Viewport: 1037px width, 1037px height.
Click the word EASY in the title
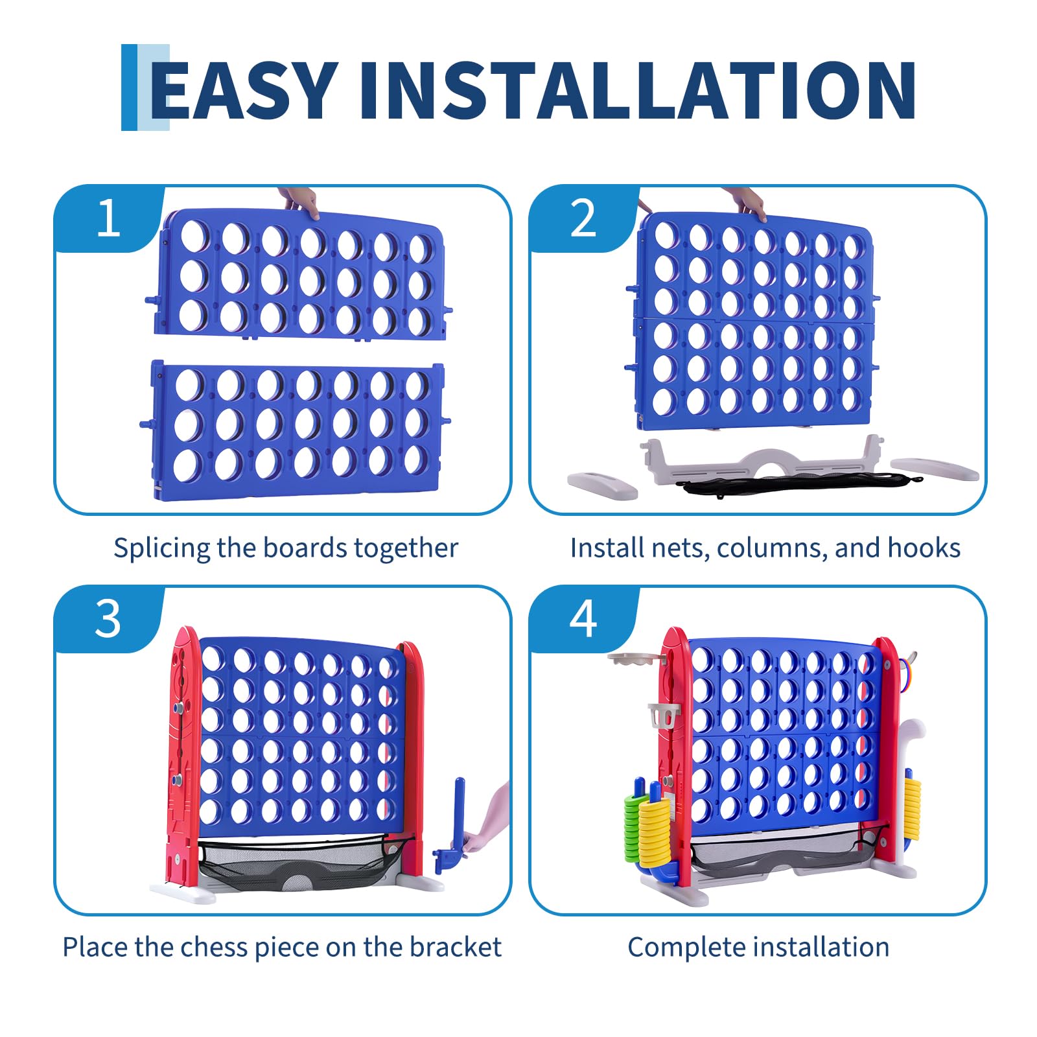click(x=244, y=90)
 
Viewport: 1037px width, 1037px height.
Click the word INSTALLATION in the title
click(x=637, y=90)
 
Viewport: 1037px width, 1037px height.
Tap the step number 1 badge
click(x=108, y=218)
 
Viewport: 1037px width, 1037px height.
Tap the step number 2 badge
click(x=583, y=218)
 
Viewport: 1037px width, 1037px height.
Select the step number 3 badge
click(x=108, y=619)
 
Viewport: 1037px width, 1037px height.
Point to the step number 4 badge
click(x=583, y=619)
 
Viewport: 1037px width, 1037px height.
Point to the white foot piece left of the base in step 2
click(x=602, y=485)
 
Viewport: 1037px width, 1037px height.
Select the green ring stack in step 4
click(x=632, y=826)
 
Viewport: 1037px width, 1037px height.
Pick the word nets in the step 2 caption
click(x=681, y=549)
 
